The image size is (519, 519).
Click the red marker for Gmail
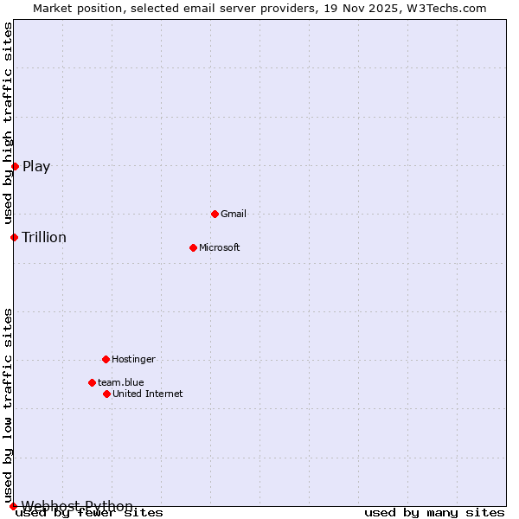(x=215, y=214)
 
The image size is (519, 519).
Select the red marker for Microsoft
(x=194, y=247)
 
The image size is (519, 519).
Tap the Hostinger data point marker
(x=106, y=359)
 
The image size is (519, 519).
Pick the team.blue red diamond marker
(x=92, y=382)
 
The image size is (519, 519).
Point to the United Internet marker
(x=106, y=394)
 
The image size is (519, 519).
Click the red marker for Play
(x=15, y=166)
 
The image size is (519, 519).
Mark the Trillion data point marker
(x=14, y=237)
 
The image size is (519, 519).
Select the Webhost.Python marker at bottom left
(x=13, y=506)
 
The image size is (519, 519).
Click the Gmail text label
(x=234, y=214)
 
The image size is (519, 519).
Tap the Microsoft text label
(x=220, y=247)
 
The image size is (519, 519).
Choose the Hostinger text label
(x=133, y=359)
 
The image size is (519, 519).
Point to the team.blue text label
(x=121, y=382)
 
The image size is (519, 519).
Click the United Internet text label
(x=148, y=394)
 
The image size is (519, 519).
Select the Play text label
(x=36, y=167)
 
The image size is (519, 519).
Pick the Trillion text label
(x=44, y=238)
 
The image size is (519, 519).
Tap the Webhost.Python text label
(x=78, y=506)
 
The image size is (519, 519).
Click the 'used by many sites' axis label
(x=434, y=513)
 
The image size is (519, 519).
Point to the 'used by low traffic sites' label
(x=8, y=404)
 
